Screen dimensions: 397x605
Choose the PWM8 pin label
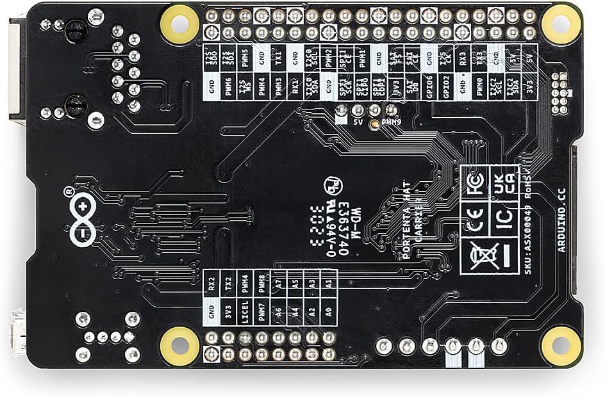(261, 281)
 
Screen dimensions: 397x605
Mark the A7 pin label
(278, 281)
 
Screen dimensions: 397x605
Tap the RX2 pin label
(211, 281)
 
